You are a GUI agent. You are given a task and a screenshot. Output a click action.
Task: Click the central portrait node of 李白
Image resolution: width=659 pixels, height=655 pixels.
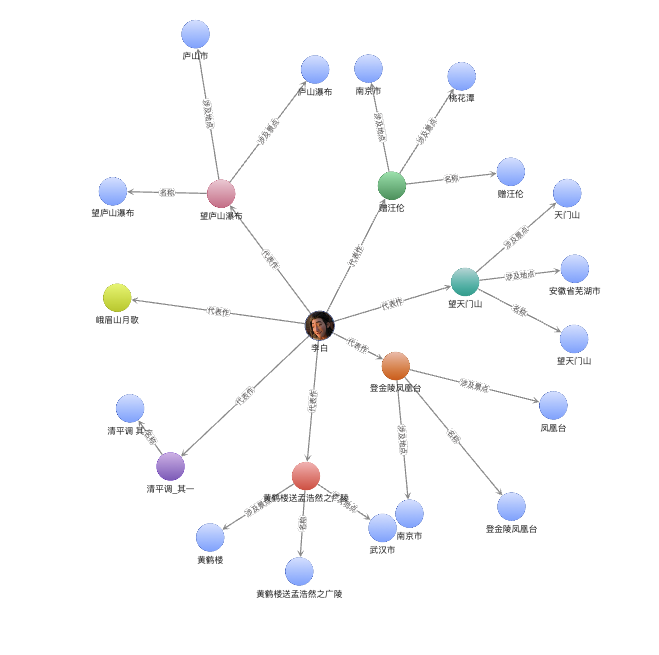[x=319, y=325]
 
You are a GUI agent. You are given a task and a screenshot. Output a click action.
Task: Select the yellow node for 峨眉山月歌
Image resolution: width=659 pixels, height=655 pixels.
[x=117, y=298]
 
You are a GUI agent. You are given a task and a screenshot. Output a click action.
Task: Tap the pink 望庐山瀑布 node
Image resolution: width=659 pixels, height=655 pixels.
[x=221, y=193]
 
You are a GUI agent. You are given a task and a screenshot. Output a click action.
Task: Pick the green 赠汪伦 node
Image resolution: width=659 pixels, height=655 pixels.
[x=392, y=185]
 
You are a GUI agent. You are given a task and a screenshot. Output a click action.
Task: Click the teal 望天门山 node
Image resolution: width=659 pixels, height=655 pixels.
[x=465, y=282]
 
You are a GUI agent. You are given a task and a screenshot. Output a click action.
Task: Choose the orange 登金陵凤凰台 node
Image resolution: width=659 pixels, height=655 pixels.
[x=396, y=366]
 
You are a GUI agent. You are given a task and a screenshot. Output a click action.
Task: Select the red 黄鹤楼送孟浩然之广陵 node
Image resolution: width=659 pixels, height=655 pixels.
[x=306, y=476]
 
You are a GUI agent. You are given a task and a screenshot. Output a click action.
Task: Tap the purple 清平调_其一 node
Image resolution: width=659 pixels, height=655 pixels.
[x=171, y=466]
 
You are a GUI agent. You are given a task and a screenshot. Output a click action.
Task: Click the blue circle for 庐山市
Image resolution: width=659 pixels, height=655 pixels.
[x=196, y=34]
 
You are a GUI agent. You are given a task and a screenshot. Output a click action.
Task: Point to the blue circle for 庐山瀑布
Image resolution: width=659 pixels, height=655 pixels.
[x=315, y=70]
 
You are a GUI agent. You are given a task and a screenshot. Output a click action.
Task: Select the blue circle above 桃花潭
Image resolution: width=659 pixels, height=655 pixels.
[x=461, y=76]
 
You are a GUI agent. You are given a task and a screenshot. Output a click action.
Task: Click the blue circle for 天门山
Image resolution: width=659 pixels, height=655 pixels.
[x=567, y=193]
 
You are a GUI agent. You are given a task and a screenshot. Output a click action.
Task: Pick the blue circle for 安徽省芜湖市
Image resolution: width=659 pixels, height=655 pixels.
[x=575, y=269]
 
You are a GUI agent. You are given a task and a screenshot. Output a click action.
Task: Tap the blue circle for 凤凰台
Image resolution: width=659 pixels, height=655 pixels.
[x=553, y=405]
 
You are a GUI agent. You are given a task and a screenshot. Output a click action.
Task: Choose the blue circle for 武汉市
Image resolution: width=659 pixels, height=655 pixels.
[x=382, y=528]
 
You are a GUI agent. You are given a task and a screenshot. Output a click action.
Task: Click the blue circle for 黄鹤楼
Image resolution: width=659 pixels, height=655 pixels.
[x=210, y=537]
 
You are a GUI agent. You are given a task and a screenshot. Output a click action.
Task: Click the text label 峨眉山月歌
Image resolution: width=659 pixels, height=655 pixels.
[x=117, y=320]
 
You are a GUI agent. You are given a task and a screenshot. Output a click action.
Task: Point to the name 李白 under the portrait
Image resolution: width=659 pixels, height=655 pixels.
[x=319, y=348]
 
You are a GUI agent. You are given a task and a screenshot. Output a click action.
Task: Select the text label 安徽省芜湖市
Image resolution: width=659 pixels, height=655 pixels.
[x=574, y=291]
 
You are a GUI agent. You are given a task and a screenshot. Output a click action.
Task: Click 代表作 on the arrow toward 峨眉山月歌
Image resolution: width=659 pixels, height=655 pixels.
[x=218, y=312]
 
